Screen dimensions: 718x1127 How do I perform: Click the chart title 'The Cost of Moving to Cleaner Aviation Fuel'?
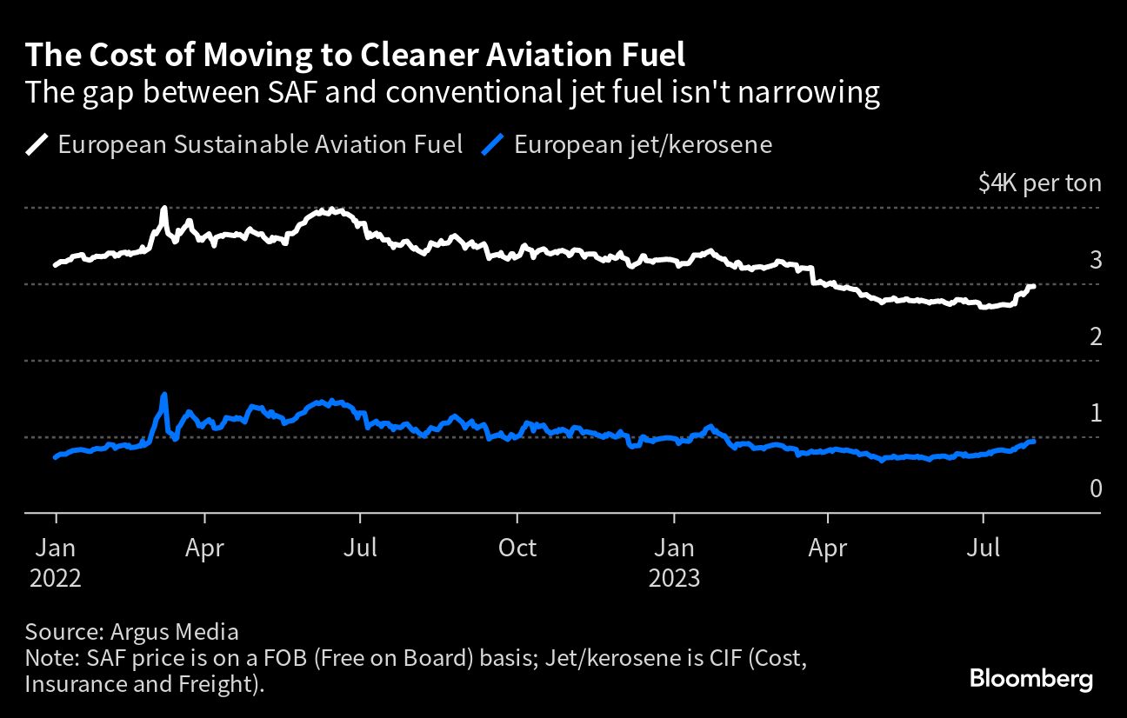pyautogui.click(x=355, y=56)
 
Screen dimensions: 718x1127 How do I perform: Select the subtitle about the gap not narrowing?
pyautogui.click(x=452, y=92)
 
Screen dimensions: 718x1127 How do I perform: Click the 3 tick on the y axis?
pyautogui.click(x=1095, y=260)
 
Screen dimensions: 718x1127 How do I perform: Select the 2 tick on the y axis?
pyautogui.click(x=1095, y=336)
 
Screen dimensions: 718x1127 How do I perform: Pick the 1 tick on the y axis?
pyautogui.click(x=1095, y=413)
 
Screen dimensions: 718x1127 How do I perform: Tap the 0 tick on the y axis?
pyautogui.click(x=1095, y=489)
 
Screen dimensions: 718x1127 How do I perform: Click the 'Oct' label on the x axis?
pyautogui.click(x=517, y=548)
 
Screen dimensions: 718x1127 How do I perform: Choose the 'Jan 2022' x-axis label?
pyautogui.click(x=56, y=562)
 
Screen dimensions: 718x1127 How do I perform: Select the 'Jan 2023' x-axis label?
pyautogui.click(x=674, y=562)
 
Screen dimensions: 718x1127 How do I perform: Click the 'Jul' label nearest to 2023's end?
pyautogui.click(x=984, y=548)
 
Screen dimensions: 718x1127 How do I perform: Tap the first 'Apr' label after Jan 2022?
pyautogui.click(x=204, y=548)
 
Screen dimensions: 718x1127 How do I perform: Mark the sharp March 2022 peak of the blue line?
pyautogui.click(x=164, y=396)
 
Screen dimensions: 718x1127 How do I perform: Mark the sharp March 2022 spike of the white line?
pyautogui.click(x=164, y=209)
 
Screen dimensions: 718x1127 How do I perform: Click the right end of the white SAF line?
pyautogui.click(x=1033, y=286)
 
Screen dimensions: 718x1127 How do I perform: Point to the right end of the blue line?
pyautogui.click(x=1033, y=442)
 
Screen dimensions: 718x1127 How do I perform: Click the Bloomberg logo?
pyautogui.click(x=1030, y=679)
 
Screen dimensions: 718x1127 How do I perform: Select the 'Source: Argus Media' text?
pyautogui.click(x=132, y=631)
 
